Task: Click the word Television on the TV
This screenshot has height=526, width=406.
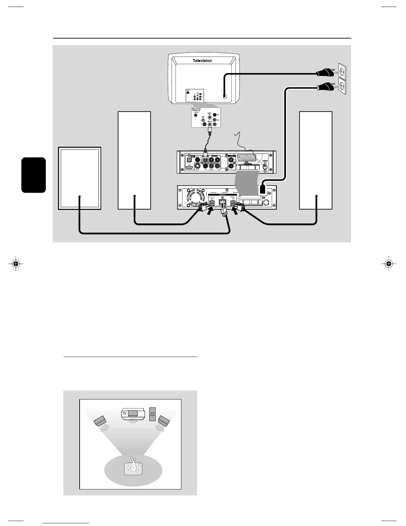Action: pos(202,61)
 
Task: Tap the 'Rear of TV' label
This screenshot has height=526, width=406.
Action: pos(199,109)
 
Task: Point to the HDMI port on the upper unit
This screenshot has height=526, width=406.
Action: pos(189,168)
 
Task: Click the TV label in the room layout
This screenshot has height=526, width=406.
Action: pos(125,413)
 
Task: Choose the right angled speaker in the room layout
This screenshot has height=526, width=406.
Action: pos(164,421)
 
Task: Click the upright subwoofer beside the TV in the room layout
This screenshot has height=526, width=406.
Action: pos(152,414)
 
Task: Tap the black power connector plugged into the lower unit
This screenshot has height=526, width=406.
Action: pos(262,189)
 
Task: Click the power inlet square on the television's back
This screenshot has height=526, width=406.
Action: pos(225,97)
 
